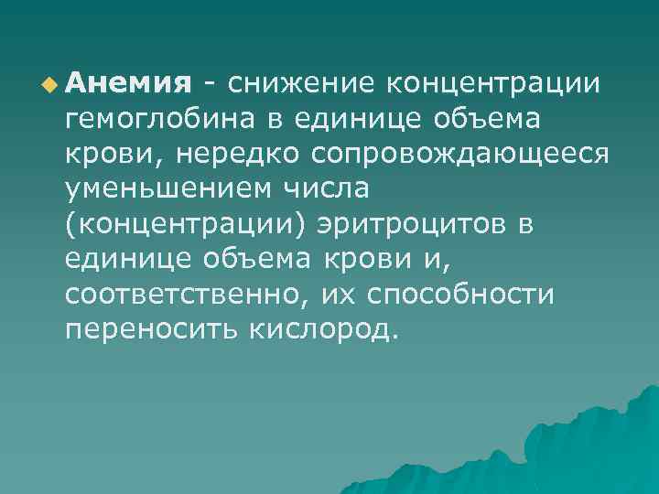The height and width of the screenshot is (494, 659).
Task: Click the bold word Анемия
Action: coord(126,85)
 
